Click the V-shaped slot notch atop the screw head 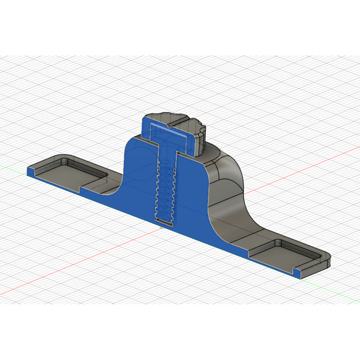[169, 125]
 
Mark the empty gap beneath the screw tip [164, 221]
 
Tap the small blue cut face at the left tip [31, 171]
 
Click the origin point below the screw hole [161, 227]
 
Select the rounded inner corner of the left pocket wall [65, 160]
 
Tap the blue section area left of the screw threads [141, 190]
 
